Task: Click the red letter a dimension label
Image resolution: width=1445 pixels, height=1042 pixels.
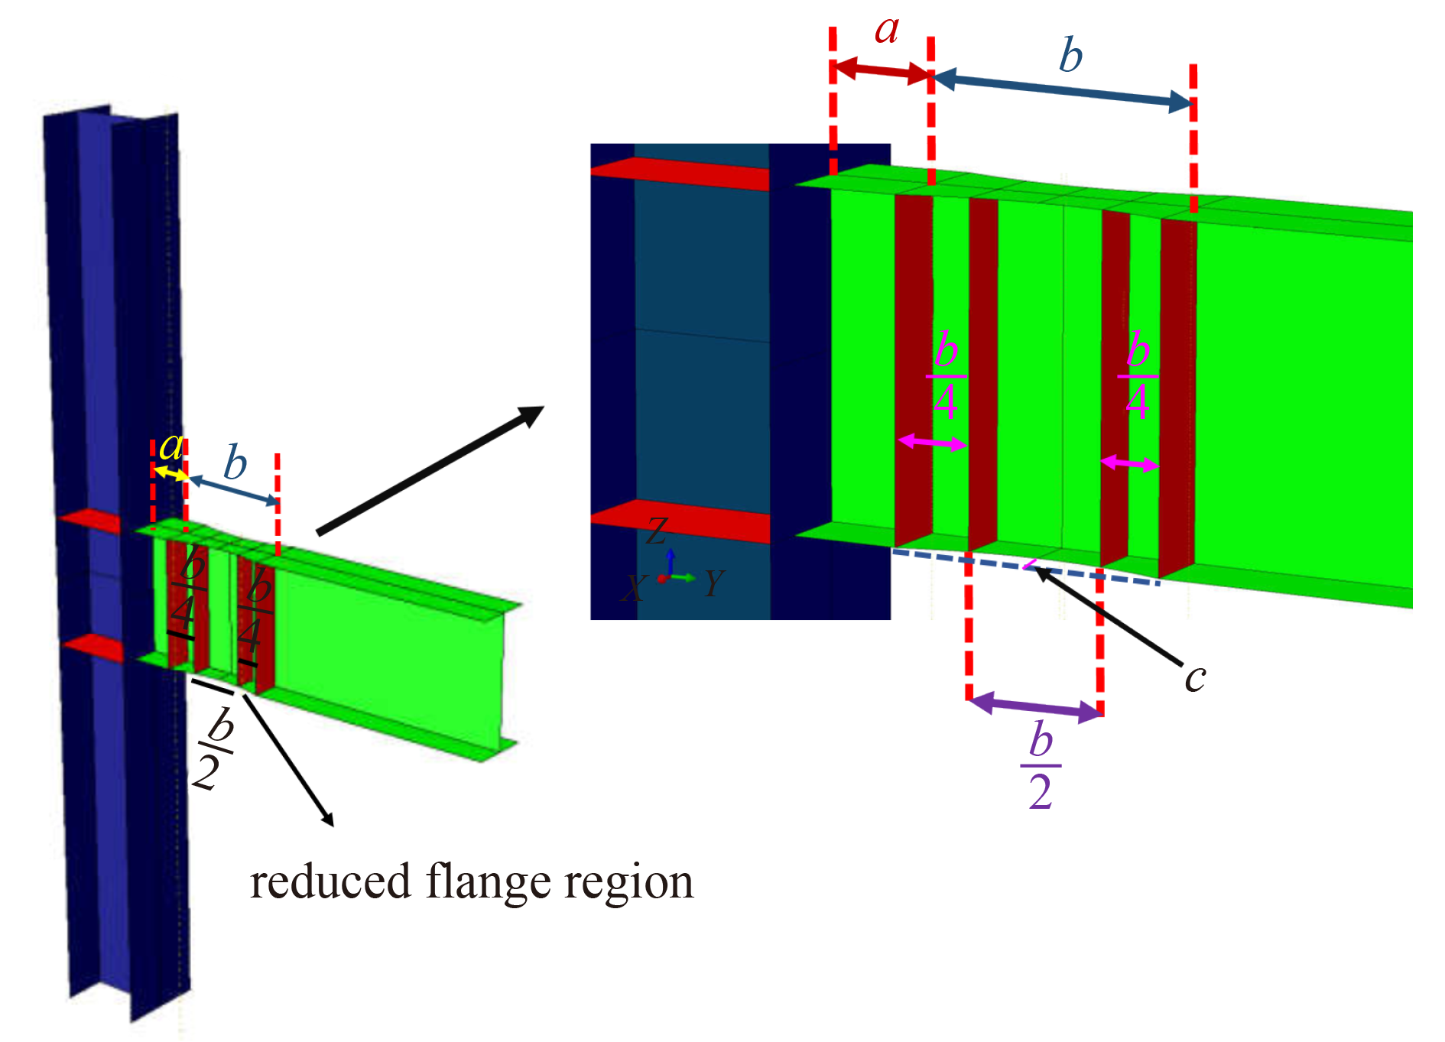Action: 887,31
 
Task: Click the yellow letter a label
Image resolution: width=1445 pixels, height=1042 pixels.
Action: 171,446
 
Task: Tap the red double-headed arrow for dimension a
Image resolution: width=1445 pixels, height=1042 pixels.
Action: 881,71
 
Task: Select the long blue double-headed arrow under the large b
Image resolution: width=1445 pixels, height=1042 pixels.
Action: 1063,90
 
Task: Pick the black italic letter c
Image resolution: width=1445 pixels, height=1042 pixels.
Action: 1195,678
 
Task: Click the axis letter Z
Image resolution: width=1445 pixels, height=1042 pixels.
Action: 657,531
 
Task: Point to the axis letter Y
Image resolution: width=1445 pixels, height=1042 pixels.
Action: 713,583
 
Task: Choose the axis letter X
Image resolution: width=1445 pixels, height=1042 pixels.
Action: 633,589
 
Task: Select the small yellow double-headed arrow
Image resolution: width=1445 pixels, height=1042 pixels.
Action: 171,473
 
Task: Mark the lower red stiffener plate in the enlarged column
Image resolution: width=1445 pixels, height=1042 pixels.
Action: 680,520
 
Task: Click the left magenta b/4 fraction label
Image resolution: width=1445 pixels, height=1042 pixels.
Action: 946,375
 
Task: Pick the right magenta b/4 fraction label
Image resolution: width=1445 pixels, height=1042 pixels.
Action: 1138,375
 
